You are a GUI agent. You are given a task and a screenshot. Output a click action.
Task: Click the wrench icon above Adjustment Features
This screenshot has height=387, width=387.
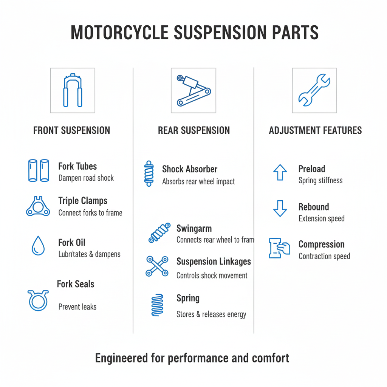coord(314,90)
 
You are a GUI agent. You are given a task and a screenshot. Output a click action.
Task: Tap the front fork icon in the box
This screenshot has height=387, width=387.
coord(73,91)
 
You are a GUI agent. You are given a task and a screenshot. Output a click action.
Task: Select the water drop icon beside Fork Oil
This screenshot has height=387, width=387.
coord(38,246)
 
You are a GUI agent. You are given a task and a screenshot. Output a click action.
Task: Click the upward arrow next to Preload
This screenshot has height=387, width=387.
coord(280,173)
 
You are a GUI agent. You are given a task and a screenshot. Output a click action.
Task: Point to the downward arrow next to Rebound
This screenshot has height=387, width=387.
coord(280,209)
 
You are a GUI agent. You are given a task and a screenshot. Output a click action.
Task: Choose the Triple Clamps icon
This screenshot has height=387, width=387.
coord(38,206)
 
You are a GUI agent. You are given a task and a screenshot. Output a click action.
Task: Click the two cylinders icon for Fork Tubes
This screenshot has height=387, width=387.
coord(39,170)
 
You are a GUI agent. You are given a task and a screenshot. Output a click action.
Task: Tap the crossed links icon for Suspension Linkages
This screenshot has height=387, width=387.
coord(157,266)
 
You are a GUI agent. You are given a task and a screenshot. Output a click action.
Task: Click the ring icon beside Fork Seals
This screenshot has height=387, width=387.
coord(38,300)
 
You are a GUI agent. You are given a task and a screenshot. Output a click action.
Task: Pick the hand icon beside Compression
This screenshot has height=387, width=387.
coord(279,248)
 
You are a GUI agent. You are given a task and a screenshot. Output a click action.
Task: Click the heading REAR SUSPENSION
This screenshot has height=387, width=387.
coord(193,131)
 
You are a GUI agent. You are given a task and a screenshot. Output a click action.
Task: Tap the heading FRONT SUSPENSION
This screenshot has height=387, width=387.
coord(72,131)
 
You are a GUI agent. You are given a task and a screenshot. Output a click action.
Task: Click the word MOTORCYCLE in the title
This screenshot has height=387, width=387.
coord(119,33)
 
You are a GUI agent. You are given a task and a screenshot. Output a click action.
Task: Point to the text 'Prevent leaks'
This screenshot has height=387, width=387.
coord(77,307)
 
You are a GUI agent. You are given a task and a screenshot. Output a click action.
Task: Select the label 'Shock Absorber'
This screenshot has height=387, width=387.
coord(190,169)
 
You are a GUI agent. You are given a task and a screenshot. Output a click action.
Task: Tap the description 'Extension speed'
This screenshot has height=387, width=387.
coord(321,219)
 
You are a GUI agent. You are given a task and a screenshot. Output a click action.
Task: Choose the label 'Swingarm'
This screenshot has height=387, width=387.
coord(194,229)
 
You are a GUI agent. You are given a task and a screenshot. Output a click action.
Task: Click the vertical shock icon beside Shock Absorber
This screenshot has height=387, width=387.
coord(149,173)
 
